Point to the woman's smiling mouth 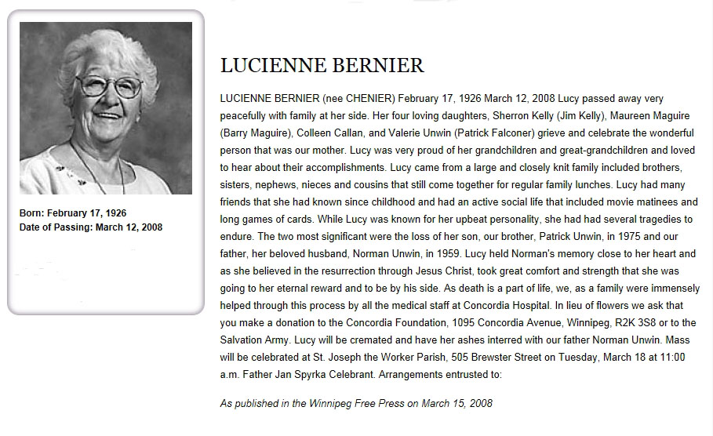click(x=107, y=114)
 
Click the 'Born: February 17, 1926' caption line click(x=73, y=213)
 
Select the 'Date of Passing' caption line click(x=91, y=227)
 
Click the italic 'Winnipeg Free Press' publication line click(x=356, y=403)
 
